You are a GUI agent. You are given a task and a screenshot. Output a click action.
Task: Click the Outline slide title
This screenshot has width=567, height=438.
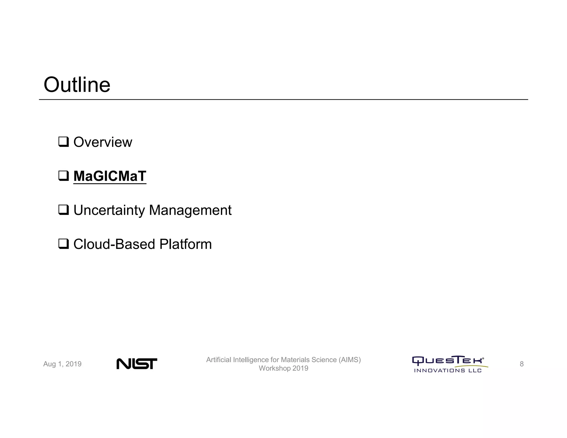(x=77, y=85)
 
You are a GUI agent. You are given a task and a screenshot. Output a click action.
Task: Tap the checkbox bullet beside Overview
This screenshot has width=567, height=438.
(x=63, y=142)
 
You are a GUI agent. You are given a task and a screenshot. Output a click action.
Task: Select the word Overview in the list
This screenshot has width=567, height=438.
(x=103, y=142)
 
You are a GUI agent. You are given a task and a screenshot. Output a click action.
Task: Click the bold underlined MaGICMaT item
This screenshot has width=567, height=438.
(x=110, y=176)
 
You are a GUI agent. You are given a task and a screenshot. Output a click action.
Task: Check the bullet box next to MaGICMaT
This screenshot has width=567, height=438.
(x=63, y=176)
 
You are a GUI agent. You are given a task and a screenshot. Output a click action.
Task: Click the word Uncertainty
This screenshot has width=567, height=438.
(x=109, y=210)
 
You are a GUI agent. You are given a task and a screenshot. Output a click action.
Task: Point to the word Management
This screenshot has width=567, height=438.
(x=190, y=210)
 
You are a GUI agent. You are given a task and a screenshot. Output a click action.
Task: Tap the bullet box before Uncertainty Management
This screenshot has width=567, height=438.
(x=63, y=210)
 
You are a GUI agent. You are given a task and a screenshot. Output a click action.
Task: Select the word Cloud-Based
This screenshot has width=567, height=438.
(x=114, y=244)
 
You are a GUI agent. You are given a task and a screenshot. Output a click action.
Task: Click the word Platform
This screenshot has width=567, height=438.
(x=185, y=244)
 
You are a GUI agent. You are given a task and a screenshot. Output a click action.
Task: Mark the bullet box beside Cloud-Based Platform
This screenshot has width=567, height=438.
(x=63, y=244)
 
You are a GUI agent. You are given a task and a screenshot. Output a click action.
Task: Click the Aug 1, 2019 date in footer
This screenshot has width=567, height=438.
(x=62, y=364)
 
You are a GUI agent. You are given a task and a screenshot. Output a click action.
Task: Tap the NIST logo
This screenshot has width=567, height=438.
(x=137, y=364)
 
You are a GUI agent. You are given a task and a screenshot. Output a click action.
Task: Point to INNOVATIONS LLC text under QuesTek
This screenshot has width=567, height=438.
(x=448, y=370)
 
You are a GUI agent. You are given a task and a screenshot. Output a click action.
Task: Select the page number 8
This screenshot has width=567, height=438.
(x=522, y=364)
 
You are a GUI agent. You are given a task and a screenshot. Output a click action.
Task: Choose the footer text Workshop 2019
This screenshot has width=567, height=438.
(x=283, y=368)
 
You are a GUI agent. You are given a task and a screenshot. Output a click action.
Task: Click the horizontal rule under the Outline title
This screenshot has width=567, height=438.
(x=283, y=99)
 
